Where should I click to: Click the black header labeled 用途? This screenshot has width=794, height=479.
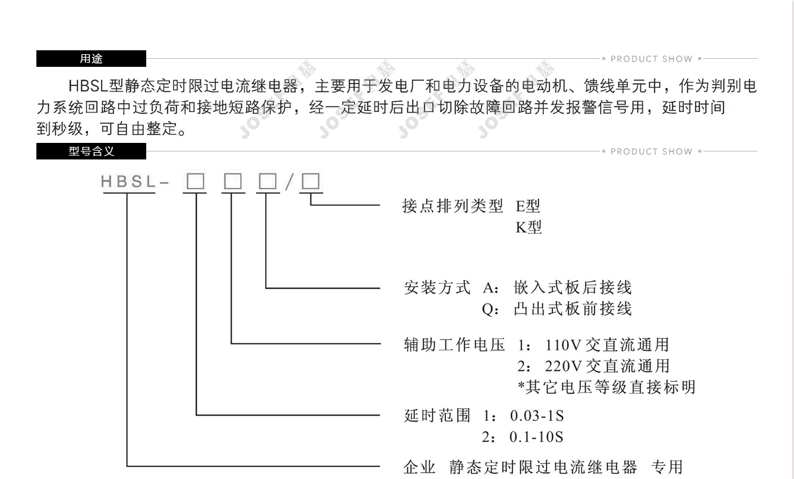point(91,58)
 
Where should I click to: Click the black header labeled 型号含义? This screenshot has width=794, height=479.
point(91,152)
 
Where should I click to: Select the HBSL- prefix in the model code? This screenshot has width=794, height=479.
point(135,181)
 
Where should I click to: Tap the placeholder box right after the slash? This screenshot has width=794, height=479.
point(310,181)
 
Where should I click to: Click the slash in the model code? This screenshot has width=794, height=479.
point(290,182)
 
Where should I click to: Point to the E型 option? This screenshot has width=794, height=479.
point(528,206)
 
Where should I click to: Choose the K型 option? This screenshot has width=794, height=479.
point(529,228)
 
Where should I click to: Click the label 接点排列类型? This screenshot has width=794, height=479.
point(453,206)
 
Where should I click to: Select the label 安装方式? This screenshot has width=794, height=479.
point(437,288)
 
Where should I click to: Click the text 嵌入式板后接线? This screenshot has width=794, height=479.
point(573,288)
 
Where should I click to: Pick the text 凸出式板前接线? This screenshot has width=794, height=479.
point(573,309)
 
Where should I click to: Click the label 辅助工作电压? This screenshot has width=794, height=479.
point(454,345)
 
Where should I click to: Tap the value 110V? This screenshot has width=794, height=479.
point(563,345)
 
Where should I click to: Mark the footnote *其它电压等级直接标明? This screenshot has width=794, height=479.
point(607,387)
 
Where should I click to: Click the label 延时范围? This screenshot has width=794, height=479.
point(437,415)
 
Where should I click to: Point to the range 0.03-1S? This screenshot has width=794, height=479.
point(537,416)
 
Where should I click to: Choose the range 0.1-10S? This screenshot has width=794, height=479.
point(537,437)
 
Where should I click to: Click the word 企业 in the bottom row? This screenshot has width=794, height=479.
point(419,467)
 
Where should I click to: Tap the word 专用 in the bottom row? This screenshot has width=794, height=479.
point(667,467)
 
